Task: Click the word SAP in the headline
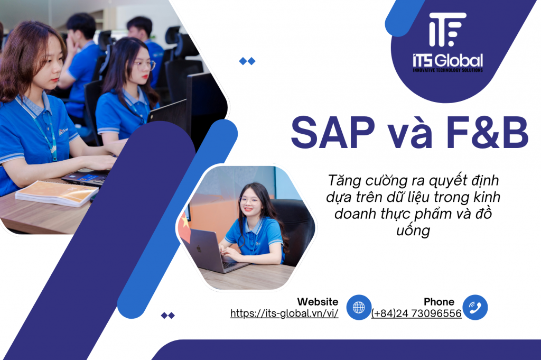coord(333,133)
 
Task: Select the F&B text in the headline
coord(487,133)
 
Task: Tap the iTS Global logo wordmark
coord(448,61)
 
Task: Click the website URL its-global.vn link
coord(284,313)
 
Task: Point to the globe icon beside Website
coord(359,307)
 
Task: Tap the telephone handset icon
coord(475,307)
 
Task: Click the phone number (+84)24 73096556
coord(416,313)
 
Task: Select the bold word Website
coord(318,302)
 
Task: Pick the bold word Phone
coord(439,302)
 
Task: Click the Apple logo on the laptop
coord(199,248)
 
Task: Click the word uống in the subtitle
coord(413,230)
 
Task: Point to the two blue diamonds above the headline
coord(247,61)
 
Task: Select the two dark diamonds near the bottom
coord(168,315)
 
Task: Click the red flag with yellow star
coord(185,227)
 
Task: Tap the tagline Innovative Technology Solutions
coord(448,70)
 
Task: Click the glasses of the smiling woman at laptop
coord(249,201)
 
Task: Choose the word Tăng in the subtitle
coord(344,180)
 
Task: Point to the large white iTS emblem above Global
coord(447,30)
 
